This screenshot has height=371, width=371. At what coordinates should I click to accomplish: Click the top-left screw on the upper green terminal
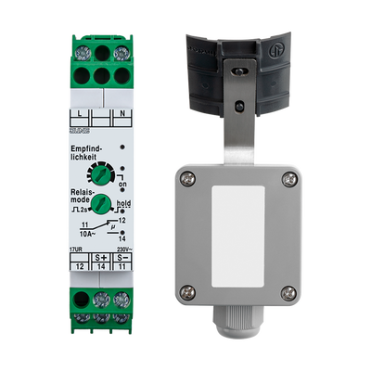tap(81, 50)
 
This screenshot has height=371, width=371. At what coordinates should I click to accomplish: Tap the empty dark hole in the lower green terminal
tap(81, 299)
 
